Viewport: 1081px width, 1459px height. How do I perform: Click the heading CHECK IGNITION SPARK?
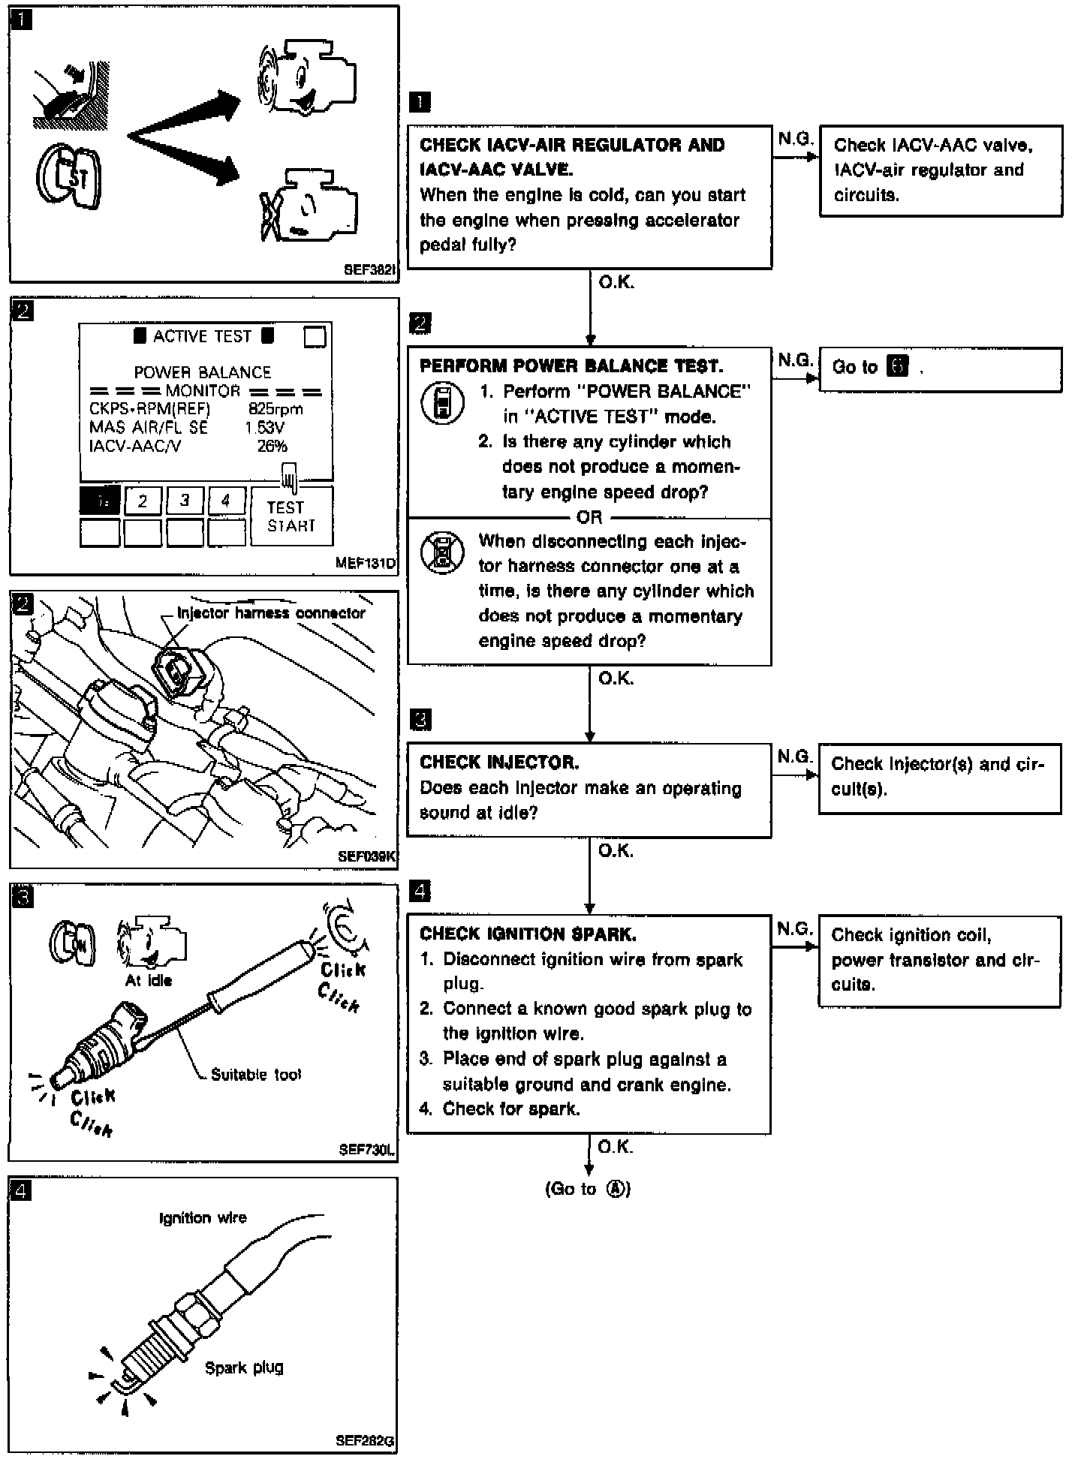pos(528,934)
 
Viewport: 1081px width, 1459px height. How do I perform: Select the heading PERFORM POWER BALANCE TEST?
pos(571,366)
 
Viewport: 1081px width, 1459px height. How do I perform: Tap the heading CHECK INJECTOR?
pos(499,763)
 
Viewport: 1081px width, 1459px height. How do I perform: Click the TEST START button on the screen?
pos(291,516)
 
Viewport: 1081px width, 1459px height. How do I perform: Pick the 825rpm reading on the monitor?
pos(276,409)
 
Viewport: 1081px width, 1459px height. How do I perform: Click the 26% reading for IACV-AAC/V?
pos(273,447)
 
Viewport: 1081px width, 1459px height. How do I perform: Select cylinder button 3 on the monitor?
pos(185,501)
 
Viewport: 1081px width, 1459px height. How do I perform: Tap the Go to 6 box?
pos(940,369)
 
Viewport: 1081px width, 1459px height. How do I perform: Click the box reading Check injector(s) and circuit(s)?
pos(939,778)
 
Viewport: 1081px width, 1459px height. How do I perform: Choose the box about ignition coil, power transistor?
pos(939,960)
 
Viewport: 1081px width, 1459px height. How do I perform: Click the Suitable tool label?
pos(256,1074)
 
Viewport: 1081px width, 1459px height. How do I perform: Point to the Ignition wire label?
pos(203,1217)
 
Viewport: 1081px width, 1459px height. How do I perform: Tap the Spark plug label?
pos(244,1367)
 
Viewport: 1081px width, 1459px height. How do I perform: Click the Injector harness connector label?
pos(271,612)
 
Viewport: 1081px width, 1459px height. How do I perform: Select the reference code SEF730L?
pos(366,1149)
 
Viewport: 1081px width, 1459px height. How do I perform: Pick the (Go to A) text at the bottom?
pos(588,1189)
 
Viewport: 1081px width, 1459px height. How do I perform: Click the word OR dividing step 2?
pos(589,517)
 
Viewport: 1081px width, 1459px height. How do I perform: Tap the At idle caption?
pos(149,980)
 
